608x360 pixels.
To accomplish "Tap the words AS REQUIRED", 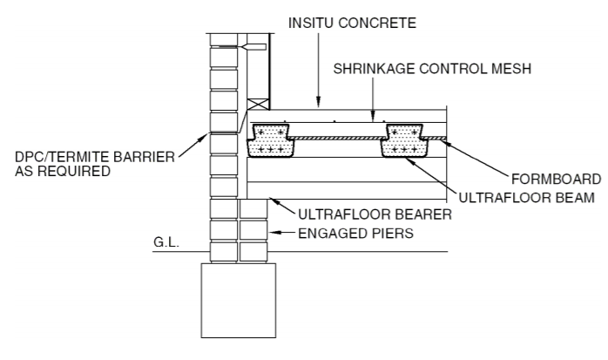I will point(57,172).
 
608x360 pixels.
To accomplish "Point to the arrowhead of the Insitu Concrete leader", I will point(319,105).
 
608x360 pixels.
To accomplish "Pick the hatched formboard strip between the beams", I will point(340,138).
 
